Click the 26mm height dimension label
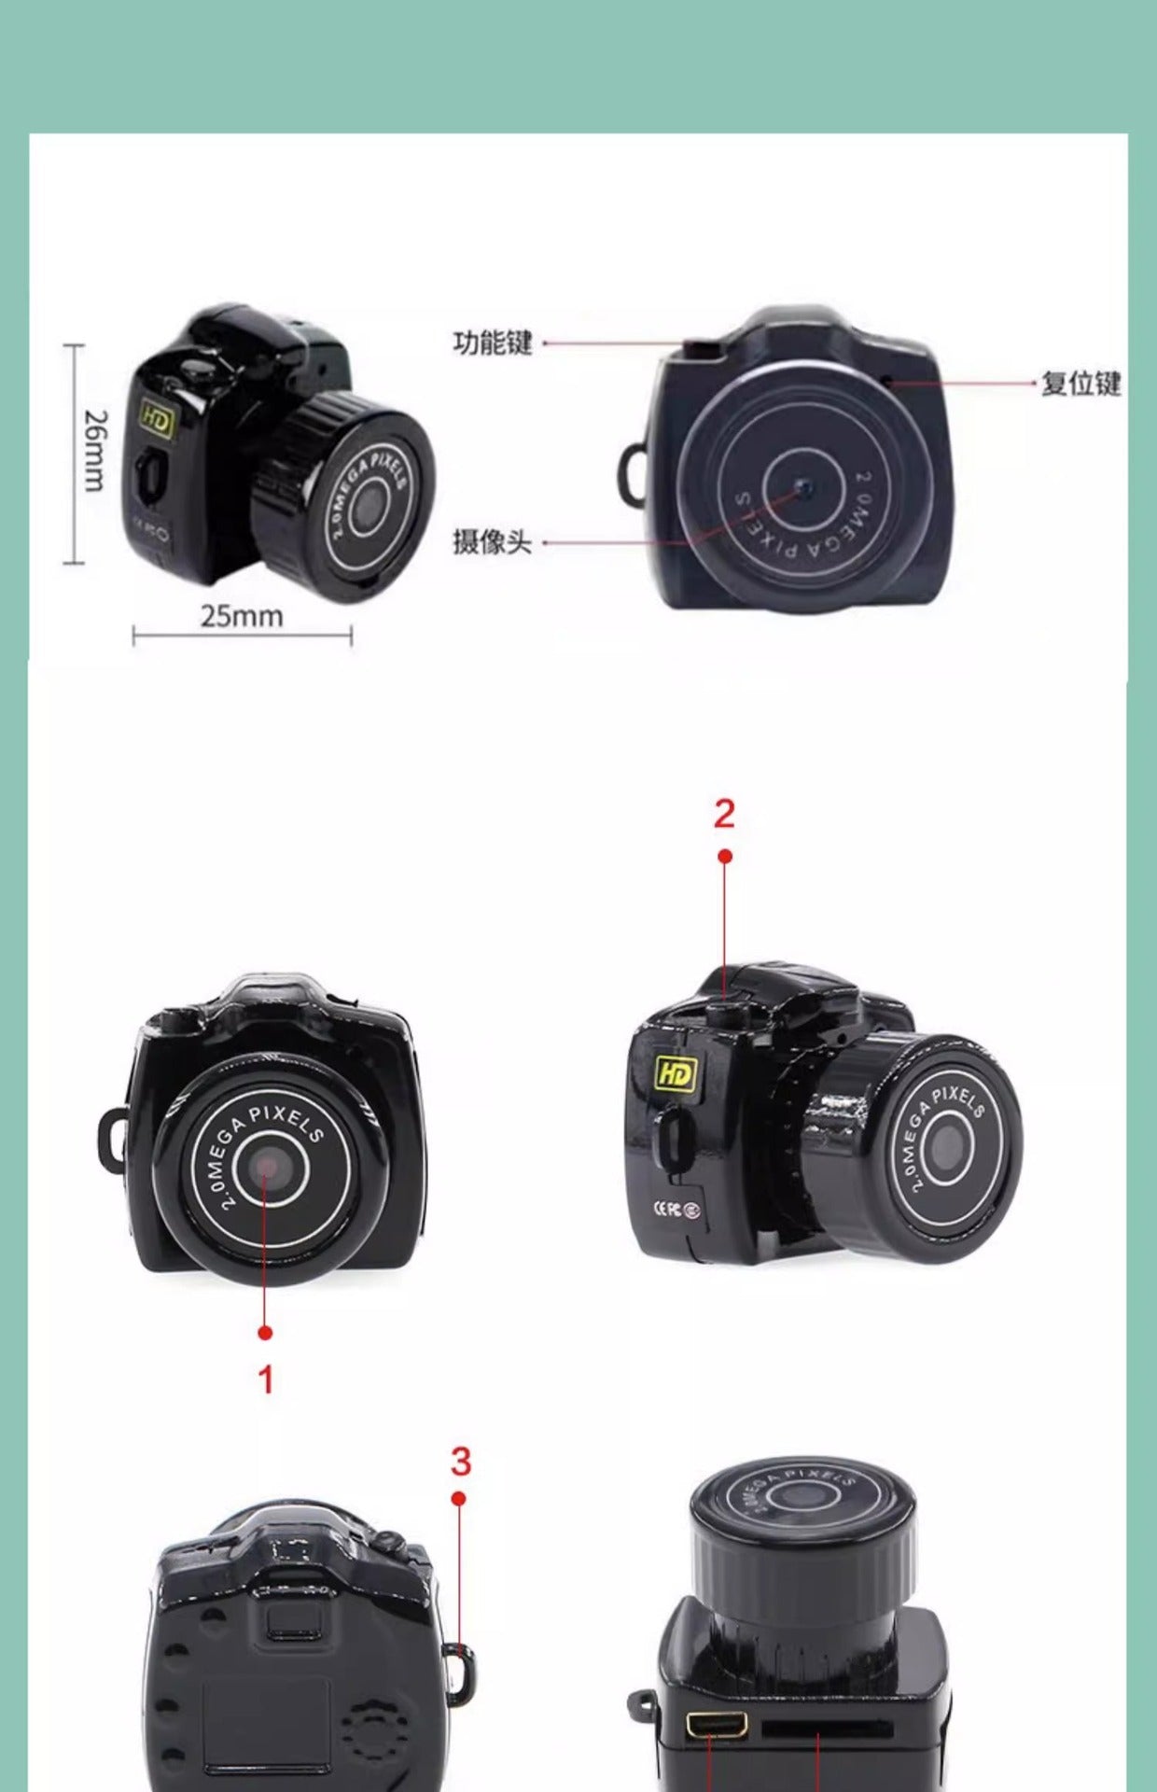coord(95,451)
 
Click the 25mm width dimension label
coord(242,616)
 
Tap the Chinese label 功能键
coord(492,343)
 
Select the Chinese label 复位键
coord(1080,383)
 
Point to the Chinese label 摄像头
coord(492,541)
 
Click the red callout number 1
coord(266,1379)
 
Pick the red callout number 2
coord(724,814)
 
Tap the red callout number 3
coord(460,1462)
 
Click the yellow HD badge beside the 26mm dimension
coord(157,421)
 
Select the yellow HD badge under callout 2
coord(676,1073)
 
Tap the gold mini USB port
coord(718,1725)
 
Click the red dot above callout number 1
coord(265,1332)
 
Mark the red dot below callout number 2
coord(725,856)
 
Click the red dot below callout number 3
coord(458,1499)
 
